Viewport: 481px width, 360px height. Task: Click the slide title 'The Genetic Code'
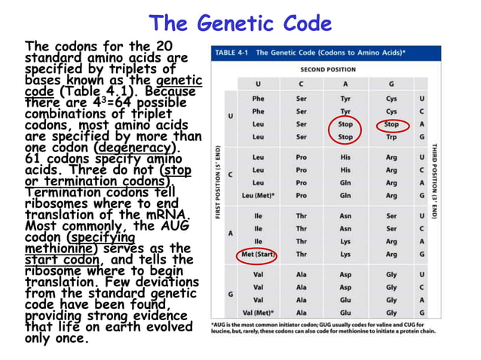(240, 23)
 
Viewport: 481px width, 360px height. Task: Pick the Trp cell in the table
(391, 137)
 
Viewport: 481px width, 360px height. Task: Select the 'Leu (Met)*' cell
(258, 195)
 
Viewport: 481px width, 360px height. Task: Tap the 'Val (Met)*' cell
(258, 313)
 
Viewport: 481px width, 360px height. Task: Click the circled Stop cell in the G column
(391, 124)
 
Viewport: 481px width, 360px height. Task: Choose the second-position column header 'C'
(302, 84)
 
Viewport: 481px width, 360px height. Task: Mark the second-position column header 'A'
(345, 84)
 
